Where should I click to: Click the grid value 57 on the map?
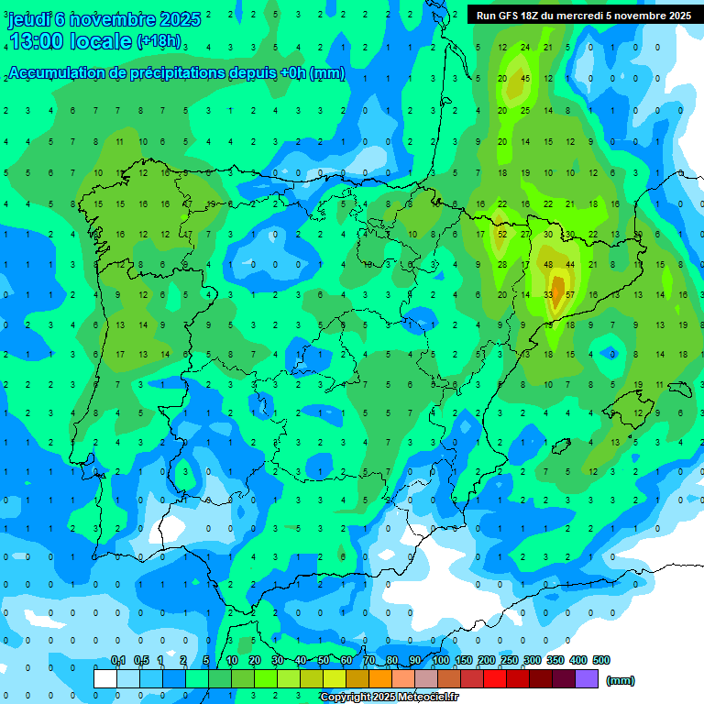point(570,294)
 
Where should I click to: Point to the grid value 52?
point(502,234)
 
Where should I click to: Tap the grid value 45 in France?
point(525,78)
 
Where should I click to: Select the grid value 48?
point(548,264)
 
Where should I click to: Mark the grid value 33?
point(548,294)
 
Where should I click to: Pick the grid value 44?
point(570,264)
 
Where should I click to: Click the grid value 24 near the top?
point(524,47)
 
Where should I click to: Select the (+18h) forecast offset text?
point(159,41)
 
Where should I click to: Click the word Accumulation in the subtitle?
point(55,74)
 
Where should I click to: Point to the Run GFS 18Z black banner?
point(584,16)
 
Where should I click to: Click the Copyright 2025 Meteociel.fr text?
point(390,697)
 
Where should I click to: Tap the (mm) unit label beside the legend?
point(621,680)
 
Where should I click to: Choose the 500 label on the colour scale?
point(600,660)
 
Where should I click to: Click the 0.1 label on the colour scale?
point(118,660)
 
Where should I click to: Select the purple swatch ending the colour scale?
point(587,678)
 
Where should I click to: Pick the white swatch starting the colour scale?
point(105,678)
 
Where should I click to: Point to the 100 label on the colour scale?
point(440,660)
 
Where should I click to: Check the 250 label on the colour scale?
point(509,660)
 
